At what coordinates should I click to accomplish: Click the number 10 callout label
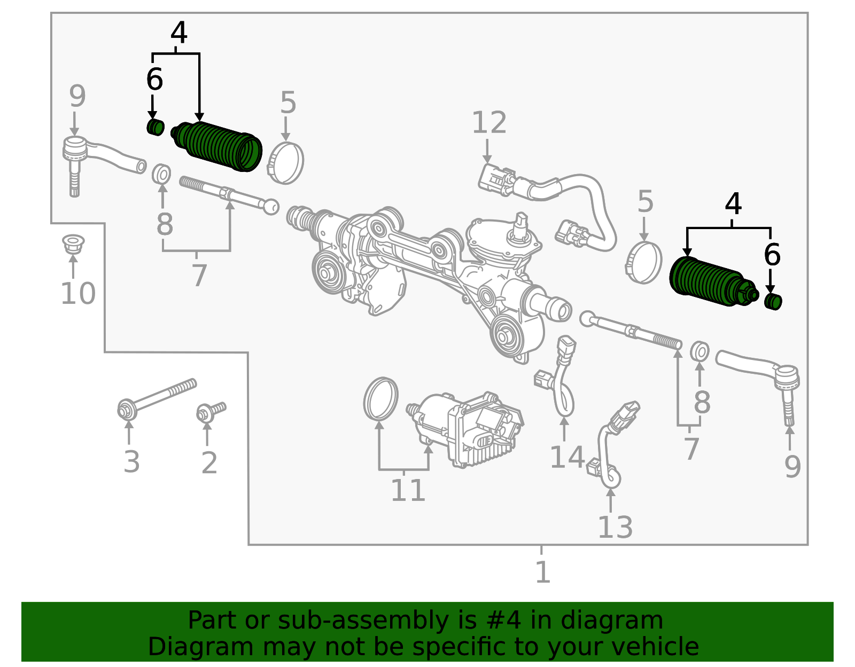click(x=78, y=293)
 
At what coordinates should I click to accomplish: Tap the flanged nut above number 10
click(x=73, y=244)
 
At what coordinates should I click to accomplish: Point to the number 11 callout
click(x=408, y=490)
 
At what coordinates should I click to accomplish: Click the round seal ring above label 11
click(x=380, y=399)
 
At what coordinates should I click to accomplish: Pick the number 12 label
click(x=489, y=123)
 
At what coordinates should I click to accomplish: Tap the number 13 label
click(x=615, y=528)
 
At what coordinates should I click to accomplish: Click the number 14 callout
click(x=567, y=457)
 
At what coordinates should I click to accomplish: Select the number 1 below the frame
click(x=542, y=572)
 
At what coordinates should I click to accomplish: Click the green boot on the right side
click(x=708, y=281)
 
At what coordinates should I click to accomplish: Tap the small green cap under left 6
click(x=156, y=128)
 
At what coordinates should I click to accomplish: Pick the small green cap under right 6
click(x=773, y=301)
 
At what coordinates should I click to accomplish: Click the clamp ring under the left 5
click(x=285, y=163)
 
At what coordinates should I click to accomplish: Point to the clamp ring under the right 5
click(x=644, y=262)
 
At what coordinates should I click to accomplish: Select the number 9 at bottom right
click(x=792, y=466)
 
